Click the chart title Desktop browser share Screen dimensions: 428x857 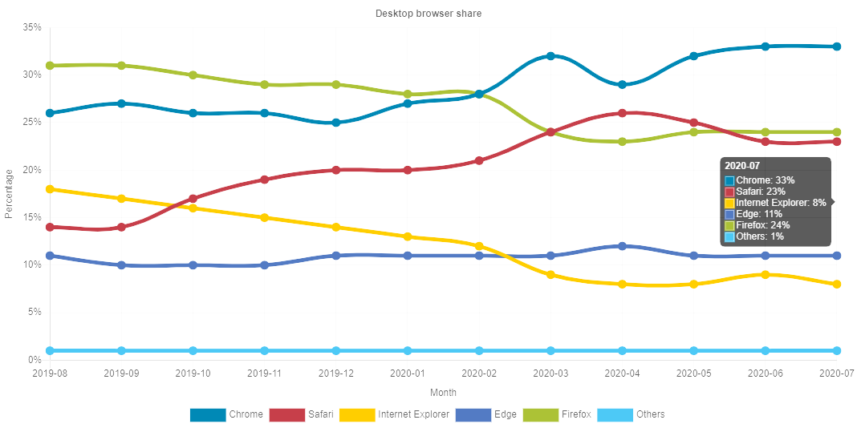tap(428, 14)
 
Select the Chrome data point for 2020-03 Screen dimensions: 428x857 tap(550, 56)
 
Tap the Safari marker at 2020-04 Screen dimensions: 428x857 tap(622, 113)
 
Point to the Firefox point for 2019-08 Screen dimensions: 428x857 tap(50, 66)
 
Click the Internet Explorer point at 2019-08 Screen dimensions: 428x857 tap(50, 189)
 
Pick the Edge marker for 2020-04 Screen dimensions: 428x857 tap(622, 246)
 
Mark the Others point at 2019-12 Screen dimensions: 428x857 tap(336, 351)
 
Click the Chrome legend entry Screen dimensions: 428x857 tap(226, 414)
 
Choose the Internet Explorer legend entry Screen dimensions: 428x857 tap(394, 414)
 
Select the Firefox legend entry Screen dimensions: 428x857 tap(557, 414)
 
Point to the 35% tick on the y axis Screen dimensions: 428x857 tap(32, 27)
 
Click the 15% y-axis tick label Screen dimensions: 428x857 tap(32, 217)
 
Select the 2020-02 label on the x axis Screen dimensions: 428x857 tap(479, 373)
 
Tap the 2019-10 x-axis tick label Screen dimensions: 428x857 tap(193, 373)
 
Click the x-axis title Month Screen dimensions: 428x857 tap(443, 392)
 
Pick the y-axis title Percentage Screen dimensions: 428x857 tap(9, 193)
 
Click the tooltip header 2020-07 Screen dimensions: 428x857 tap(741, 165)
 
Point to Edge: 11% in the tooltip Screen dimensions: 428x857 tap(758, 214)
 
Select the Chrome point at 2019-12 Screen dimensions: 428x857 tap(336, 123)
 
